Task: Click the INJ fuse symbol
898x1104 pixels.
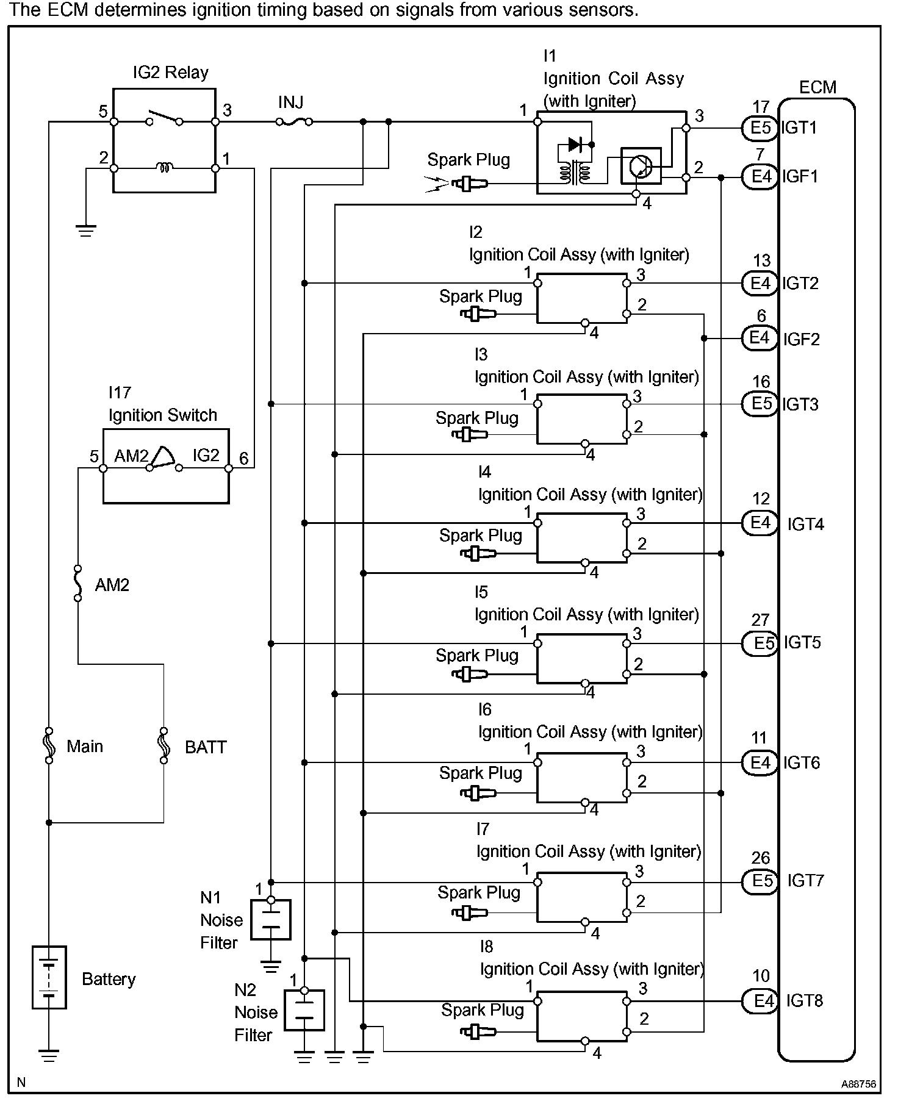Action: [293, 122]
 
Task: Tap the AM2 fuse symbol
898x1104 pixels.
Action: [77, 583]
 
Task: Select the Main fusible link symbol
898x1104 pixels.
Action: [49, 745]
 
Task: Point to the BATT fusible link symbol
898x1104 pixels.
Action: [163, 745]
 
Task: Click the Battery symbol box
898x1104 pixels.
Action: [49, 977]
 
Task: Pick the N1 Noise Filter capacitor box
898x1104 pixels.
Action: [271, 919]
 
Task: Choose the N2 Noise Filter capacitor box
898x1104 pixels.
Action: [304, 1010]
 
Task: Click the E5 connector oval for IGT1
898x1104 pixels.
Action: [760, 128]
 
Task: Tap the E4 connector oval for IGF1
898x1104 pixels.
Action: [760, 177]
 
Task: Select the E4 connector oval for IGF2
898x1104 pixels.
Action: [760, 338]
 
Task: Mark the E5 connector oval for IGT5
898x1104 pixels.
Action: [760, 643]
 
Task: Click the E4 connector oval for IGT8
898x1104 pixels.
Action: [760, 1000]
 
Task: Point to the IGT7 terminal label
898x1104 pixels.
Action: [805, 881]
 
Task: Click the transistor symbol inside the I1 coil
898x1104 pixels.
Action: [641, 165]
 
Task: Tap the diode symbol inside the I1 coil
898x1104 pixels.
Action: [575, 145]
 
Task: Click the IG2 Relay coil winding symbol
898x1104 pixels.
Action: [165, 167]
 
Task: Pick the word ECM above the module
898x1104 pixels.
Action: [817, 87]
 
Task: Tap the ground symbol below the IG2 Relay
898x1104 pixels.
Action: [86, 230]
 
